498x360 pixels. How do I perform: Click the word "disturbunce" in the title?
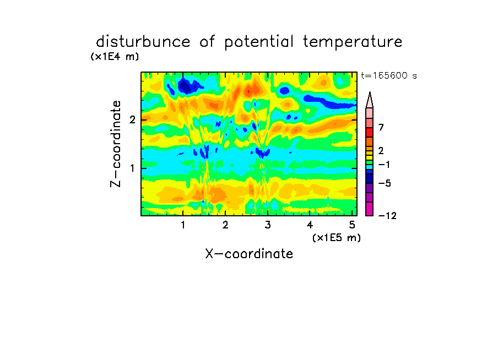coord(143,42)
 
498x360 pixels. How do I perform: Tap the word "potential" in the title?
coord(258,42)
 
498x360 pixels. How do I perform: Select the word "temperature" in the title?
coord(353,42)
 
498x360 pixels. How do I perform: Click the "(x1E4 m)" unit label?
coord(115,57)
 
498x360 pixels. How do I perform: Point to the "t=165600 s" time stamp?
coord(389,75)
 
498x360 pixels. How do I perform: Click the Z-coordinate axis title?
coord(116,144)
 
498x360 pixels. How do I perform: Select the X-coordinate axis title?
coord(249,254)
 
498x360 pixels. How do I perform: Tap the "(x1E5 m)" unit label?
coord(337,238)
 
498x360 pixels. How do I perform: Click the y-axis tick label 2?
coord(132,120)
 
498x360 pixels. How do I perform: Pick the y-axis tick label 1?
coord(132,168)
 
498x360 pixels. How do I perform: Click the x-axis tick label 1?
coord(183,225)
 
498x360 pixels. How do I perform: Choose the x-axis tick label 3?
coord(268,225)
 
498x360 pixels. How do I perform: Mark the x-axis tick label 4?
coord(310,225)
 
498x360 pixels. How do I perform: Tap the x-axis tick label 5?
coord(352,225)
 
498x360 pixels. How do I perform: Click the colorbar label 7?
coord(381,127)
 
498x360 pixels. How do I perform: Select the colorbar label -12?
coord(387,216)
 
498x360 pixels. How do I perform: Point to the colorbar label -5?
coord(385,183)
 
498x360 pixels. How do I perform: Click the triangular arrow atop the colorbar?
coord(370,100)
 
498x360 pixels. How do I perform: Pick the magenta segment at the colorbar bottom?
coord(370,209)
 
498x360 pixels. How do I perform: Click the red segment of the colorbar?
coord(370,132)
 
